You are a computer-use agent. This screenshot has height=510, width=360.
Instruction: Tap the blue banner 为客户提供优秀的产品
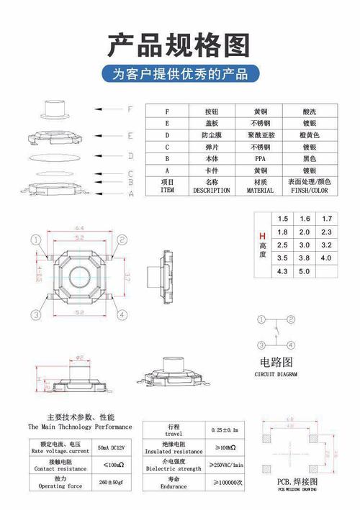179,74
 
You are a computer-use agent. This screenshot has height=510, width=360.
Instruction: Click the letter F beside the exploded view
130,110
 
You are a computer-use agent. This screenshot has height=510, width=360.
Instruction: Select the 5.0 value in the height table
304,271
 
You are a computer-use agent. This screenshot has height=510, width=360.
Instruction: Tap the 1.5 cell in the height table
282,219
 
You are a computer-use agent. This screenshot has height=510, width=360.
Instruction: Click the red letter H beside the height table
263,237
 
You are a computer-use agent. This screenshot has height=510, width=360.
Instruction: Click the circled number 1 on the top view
35,240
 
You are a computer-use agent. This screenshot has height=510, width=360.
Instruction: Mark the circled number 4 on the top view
122,314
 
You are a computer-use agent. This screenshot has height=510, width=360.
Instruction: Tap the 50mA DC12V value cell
112,448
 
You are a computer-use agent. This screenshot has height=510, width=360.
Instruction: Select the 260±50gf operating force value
112,481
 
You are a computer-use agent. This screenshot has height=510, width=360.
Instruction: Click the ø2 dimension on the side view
80,357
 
